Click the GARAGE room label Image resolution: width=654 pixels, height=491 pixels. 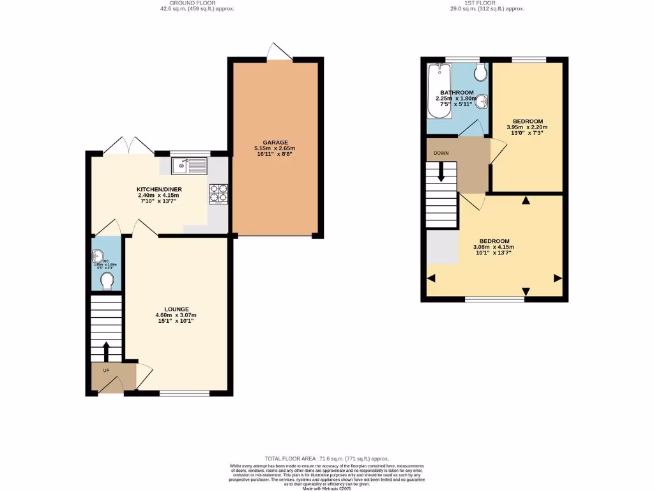(275, 143)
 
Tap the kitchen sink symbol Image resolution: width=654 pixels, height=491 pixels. (190, 166)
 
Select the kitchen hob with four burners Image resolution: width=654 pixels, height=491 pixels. (218, 194)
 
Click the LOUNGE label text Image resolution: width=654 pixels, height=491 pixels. (176, 308)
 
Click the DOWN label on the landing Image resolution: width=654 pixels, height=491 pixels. (441, 153)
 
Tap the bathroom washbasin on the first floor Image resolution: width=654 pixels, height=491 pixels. (483, 101)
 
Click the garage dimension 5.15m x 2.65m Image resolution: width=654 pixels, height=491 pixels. (275, 148)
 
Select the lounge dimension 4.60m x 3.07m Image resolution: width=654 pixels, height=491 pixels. (176, 315)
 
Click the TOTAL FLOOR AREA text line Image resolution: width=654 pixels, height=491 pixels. (326, 458)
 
